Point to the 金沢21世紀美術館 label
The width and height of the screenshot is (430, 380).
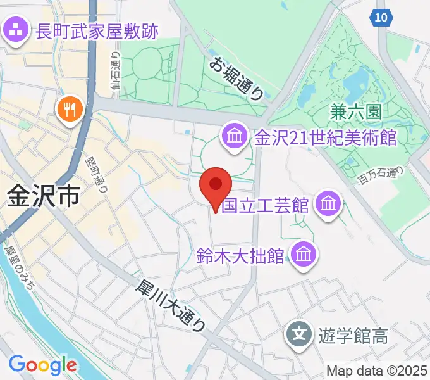coord(325,137)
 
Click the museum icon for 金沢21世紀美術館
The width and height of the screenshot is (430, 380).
coord(234,136)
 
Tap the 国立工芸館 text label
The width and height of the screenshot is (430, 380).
coord(265,205)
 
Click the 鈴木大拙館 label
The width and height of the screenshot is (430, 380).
coord(240,256)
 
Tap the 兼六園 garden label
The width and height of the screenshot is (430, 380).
coord(355,113)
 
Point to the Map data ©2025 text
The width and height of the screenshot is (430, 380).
coord(378,370)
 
